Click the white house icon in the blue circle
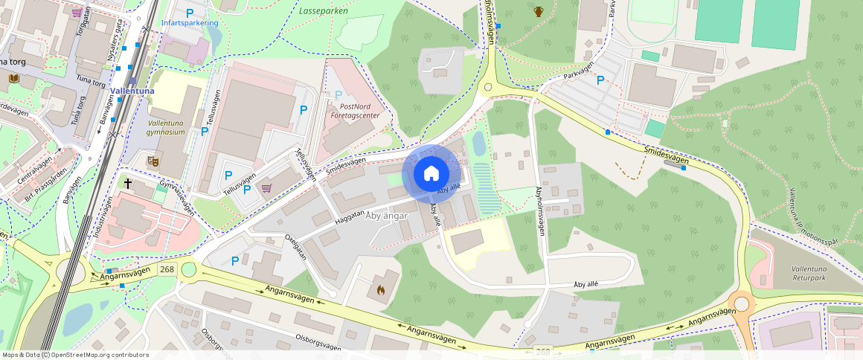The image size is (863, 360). [x=431, y=174]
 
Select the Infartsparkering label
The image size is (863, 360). [x=190, y=23]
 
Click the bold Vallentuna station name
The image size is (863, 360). [x=132, y=91]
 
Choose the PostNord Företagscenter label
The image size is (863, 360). [x=354, y=112]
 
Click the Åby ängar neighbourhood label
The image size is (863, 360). [x=388, y=216]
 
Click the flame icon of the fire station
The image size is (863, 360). [x=380, y=289]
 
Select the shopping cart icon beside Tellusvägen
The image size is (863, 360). [x=266, y=187]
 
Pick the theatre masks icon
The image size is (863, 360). [x=155, y=160]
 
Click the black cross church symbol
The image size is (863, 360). [x=128, y=181]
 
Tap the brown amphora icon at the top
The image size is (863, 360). [x=538, y=11]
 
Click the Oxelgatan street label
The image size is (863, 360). [x=296, y=247]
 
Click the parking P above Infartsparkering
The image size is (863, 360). [x=190, y=12]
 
